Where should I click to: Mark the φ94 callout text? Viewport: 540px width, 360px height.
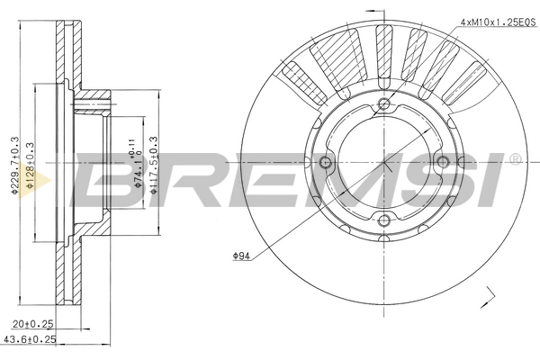pyautogui.click(x=240, y=256)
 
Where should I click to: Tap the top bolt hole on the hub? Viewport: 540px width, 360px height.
pyautogui.click(x=384, y=105)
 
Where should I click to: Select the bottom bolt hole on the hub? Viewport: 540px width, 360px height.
pyautogui.click(x=384, y=220)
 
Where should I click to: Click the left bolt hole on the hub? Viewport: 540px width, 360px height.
pyautogui.click(x=327, y=163)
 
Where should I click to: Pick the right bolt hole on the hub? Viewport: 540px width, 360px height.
pyautogui.click(x=442, y=163)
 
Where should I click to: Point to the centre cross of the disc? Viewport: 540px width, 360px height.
pyautogui.click(x=384, y=163)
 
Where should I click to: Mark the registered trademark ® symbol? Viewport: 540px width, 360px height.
pyautogui.click(x=514, y=160)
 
